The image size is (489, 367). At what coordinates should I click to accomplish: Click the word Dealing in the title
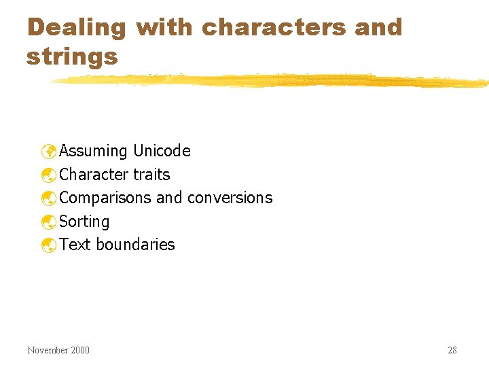77,29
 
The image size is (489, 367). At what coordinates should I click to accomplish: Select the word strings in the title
72,57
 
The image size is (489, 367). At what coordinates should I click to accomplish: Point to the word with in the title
164,27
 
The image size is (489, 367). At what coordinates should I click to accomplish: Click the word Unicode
162,151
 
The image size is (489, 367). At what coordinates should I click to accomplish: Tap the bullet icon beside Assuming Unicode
48,151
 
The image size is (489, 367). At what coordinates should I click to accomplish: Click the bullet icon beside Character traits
48,175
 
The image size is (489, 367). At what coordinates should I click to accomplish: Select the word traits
151,175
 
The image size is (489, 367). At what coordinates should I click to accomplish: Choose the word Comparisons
105,198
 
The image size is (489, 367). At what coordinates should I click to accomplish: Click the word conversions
230,198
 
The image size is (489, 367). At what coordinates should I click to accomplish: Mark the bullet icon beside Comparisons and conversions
48,198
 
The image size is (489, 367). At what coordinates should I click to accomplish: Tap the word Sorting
84,222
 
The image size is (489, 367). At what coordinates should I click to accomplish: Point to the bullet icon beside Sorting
48,222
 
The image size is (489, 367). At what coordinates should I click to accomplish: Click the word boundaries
135,245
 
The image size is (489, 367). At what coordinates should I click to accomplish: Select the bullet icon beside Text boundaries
48,245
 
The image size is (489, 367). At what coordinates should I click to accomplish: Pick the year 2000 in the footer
79,351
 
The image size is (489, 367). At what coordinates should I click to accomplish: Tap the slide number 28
452,351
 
